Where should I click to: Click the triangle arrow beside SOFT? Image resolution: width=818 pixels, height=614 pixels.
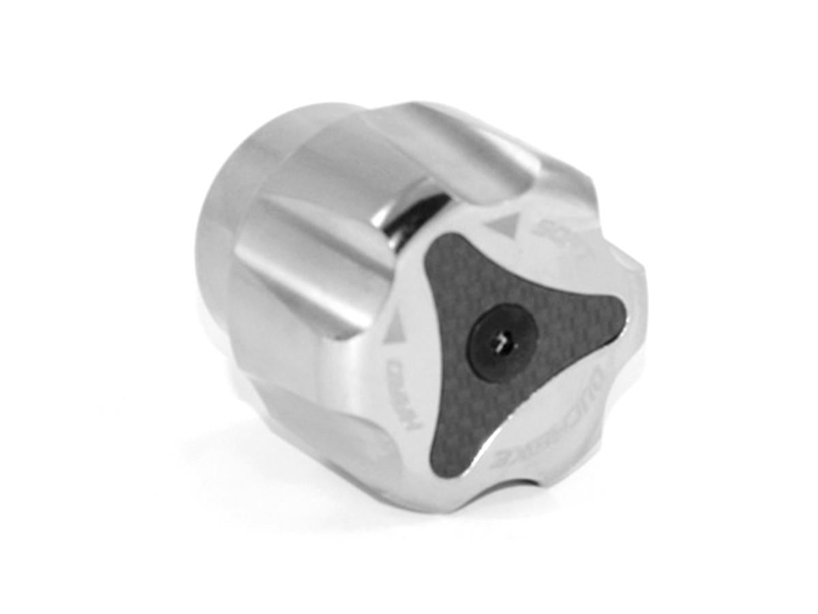(502, 222)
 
